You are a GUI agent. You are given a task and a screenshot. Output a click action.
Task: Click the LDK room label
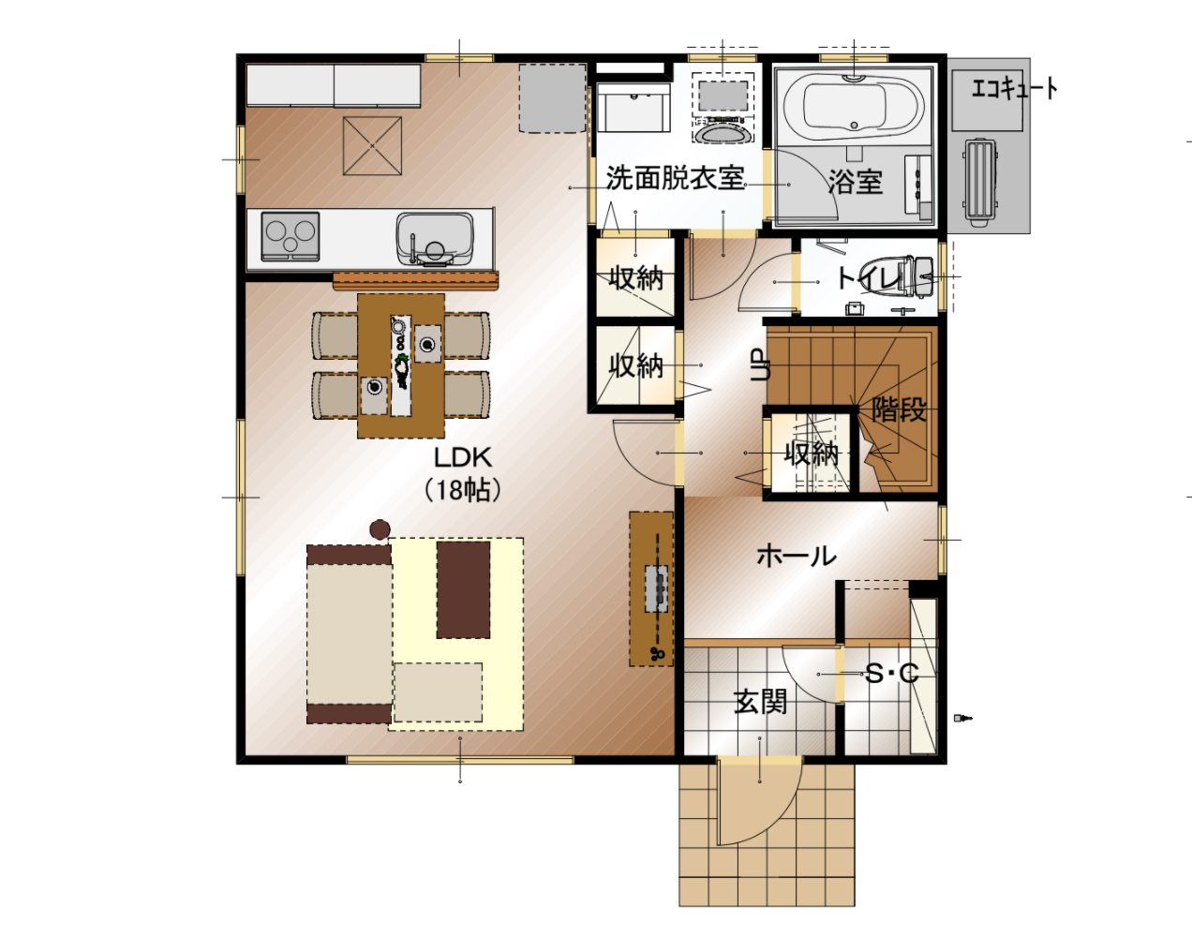pos(463,458)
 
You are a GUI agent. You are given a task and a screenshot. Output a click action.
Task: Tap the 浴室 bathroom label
pos(856,181)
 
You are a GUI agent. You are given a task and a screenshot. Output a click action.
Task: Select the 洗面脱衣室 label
pos(676,178)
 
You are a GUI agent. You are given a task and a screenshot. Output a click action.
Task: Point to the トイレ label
pos(870,278)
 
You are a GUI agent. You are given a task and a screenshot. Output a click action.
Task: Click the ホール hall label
pos(797,556)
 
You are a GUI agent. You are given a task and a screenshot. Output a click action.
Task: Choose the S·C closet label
pos(891,674)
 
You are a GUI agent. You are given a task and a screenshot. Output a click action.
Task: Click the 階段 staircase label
pos(899,409)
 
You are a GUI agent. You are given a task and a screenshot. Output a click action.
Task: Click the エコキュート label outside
pos(1014,89)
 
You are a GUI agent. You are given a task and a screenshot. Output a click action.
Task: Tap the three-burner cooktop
pos(291,236)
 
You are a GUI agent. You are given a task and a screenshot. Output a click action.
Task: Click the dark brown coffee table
pos(463,589)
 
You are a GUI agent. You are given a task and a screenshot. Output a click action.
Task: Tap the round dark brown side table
pos(380,529)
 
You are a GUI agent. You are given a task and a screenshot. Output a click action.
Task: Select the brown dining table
pos(401,365)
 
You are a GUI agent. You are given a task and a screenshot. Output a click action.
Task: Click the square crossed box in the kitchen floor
pos(372,145)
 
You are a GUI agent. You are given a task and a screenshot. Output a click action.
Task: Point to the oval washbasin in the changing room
pos(723,132)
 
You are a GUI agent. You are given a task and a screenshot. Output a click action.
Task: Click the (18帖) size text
pos(463,489)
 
